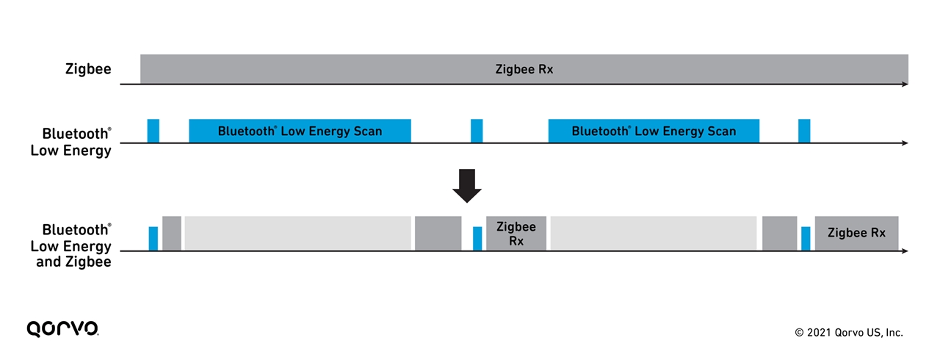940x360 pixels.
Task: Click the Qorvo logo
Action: click(62, 328)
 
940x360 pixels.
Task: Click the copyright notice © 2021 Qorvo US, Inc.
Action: click(848, 333)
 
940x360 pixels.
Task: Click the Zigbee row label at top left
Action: click(87, 69)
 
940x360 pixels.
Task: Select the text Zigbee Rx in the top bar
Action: click(524, 70)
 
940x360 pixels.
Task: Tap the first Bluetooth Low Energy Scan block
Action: click(300, 131)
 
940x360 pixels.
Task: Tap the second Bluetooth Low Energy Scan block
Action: click(654, 131)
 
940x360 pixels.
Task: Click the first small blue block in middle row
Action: click(153, 130)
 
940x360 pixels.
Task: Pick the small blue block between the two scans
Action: click(477, 130)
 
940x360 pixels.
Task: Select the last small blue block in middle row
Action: click(804, 130)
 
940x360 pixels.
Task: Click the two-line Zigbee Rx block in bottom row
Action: click(516, 234)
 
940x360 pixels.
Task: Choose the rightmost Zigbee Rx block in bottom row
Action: click(856, 234)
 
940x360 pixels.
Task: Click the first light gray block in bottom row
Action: click(297, 234)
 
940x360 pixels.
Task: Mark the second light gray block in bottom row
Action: click(654, 234)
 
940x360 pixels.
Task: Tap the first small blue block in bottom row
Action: click(153, 239)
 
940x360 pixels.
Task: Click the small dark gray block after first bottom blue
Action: click(171, 234)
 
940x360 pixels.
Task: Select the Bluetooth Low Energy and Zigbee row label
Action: click(71, 245)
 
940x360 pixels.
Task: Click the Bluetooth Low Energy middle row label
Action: click(71, 143)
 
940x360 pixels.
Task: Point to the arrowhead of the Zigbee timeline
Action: click(905, 84)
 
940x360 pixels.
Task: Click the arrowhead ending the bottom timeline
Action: click(905, 251)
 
